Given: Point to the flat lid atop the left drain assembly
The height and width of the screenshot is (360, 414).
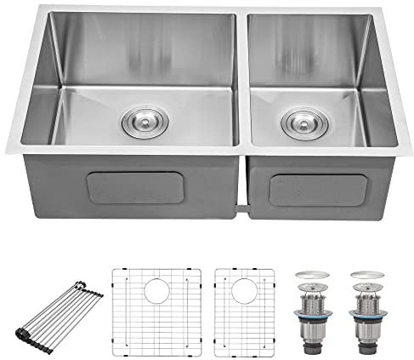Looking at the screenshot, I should pyautogui.click(x=310, y=277).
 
